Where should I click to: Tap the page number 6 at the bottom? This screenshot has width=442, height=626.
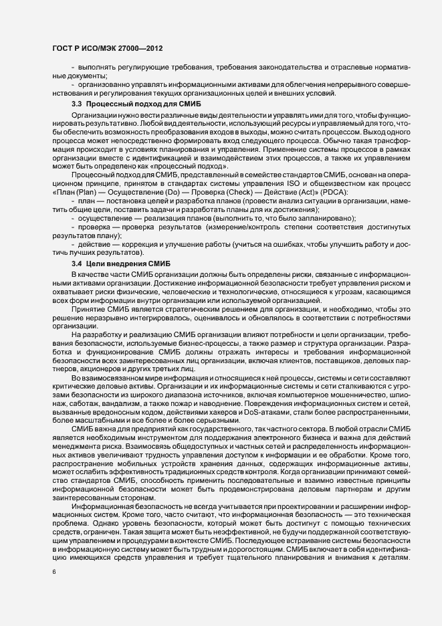(x=54, y=572)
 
